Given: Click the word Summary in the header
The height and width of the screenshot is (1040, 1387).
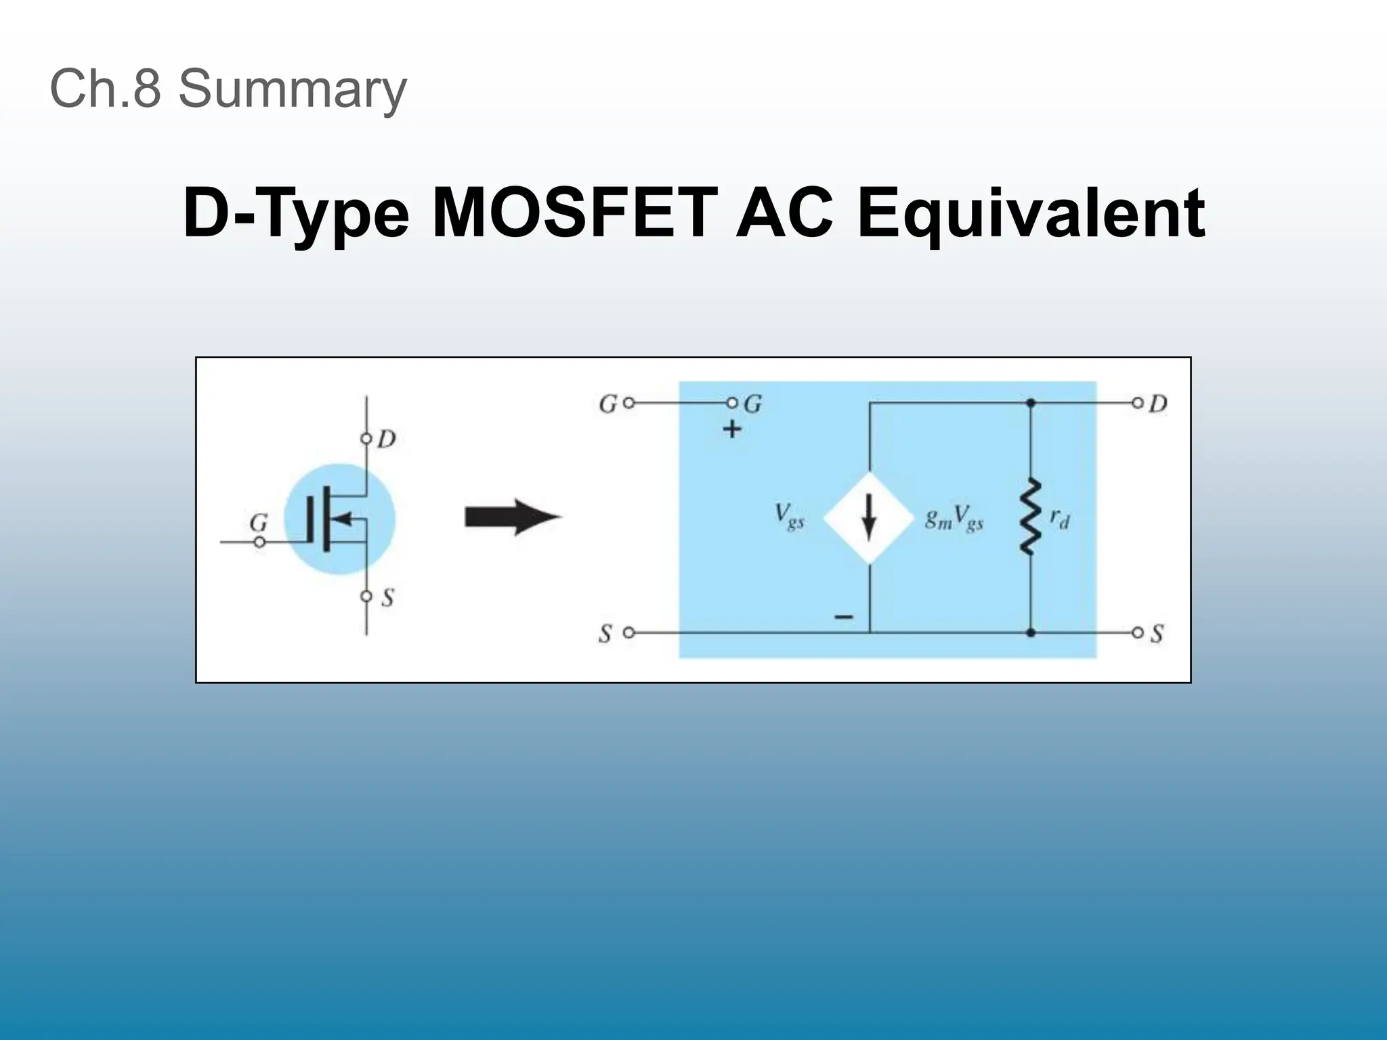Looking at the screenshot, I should click(292, 89).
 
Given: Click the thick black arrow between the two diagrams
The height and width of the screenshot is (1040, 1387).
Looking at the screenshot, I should click(513, 518).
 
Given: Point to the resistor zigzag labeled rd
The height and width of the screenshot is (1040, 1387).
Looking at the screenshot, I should click(1030, 517).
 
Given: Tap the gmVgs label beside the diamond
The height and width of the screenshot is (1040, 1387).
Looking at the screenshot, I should click(954, 519).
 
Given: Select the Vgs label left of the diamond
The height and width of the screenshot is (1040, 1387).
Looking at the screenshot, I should click(790, 517).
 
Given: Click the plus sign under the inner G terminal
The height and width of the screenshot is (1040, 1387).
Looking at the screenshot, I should click(732, 429).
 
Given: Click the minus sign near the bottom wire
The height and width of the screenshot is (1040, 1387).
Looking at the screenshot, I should click(844, 617).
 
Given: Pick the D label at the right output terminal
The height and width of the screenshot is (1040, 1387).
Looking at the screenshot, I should click(1158, 404).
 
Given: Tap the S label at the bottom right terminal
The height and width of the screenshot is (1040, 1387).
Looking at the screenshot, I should click(1157, 634).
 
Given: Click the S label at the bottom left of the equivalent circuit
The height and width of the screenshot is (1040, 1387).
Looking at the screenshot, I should click(605, 634).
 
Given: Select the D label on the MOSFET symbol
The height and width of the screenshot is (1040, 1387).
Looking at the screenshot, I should click(386, 439).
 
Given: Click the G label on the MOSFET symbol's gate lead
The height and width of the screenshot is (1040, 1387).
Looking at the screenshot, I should click(259, 523).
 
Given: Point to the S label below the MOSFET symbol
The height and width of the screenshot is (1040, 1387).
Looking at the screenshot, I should click(387, 597).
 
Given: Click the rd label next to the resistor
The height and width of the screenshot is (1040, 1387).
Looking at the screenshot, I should click(1059, 519).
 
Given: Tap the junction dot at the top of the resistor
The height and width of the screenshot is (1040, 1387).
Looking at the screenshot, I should click(1030, 404).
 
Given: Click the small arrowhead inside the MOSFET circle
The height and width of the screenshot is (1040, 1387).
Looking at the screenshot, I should click(344, 519).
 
